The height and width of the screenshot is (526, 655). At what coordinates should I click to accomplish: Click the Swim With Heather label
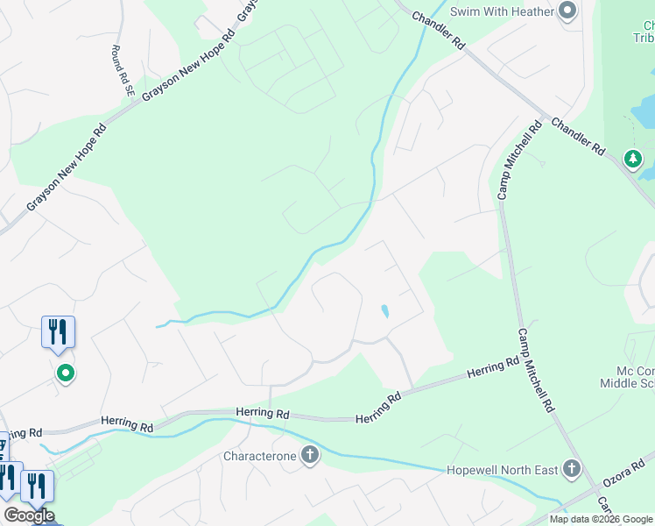[x=503, y=11]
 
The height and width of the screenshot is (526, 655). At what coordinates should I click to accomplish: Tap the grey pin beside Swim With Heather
[x=567, y=11]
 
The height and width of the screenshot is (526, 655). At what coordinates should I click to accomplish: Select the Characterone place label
[x=260, y=456]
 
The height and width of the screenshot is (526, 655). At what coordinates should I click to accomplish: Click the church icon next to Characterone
[x=309, y=455]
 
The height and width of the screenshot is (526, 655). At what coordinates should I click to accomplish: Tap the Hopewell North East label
[x=502, y=470]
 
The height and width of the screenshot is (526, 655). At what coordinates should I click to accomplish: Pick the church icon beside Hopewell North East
[x=572, y=469]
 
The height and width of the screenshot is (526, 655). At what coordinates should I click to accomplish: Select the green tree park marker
[x=632, y=159]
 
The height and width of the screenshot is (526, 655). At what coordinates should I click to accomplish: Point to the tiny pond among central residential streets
[x=384, y=310]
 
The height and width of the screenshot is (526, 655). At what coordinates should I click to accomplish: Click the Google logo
[x=29, y=515]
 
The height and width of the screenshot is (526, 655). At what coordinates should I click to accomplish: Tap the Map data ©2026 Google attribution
[x=601, y=519]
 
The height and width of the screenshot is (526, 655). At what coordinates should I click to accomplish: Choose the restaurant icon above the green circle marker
[x=58, y=331]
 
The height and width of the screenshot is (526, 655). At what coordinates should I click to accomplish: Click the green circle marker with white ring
[x=65, y=373]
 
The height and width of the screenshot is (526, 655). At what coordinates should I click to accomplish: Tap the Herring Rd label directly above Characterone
[x=262, y=412]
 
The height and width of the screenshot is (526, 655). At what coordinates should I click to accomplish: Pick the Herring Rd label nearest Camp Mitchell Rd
[x=493, y=368]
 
